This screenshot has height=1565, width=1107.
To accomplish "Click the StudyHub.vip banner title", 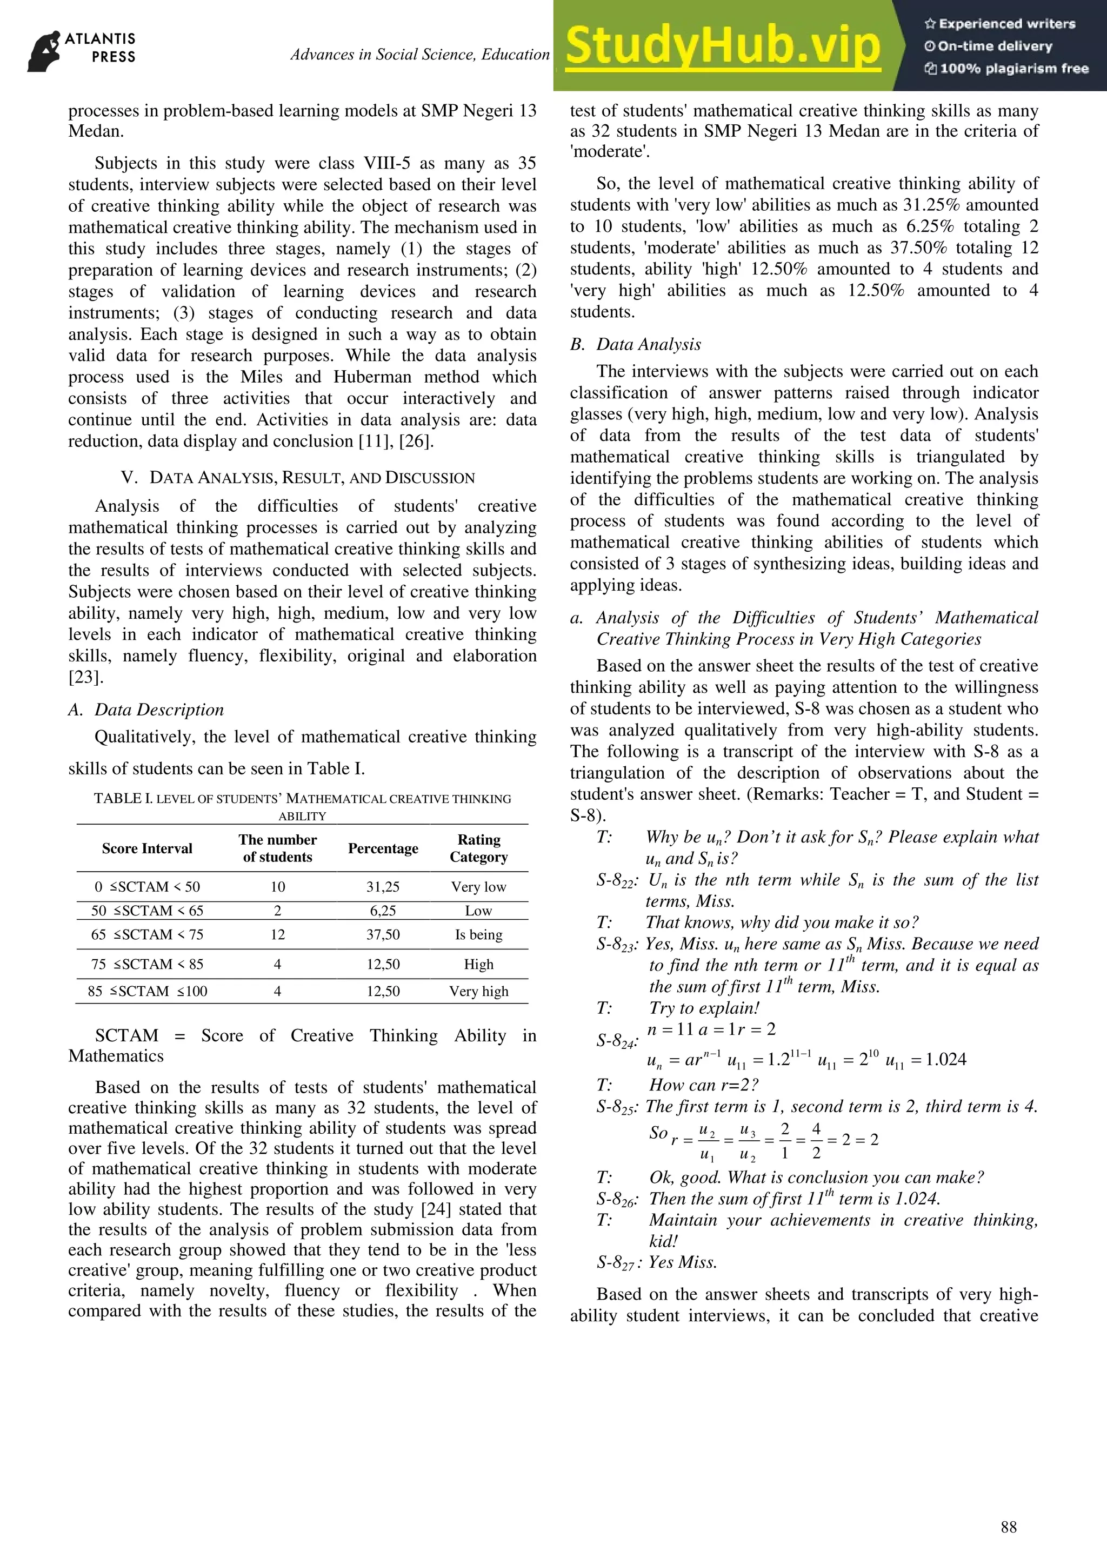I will click(x=723, y=46).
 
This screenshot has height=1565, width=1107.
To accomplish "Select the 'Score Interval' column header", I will click(x=147, y=848).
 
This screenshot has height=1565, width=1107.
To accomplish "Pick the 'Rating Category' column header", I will click(x=478, y=848).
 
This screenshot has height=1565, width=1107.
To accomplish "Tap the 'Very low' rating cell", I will click(x=478, y=887).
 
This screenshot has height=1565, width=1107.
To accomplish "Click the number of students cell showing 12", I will click(x=277, y=934).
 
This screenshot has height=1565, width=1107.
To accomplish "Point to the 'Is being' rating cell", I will click(x=478, y=934).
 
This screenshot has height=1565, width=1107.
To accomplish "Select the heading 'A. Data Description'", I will click(x=146, y=710).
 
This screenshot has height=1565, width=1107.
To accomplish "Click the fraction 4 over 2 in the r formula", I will click(x=816, y=1140).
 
